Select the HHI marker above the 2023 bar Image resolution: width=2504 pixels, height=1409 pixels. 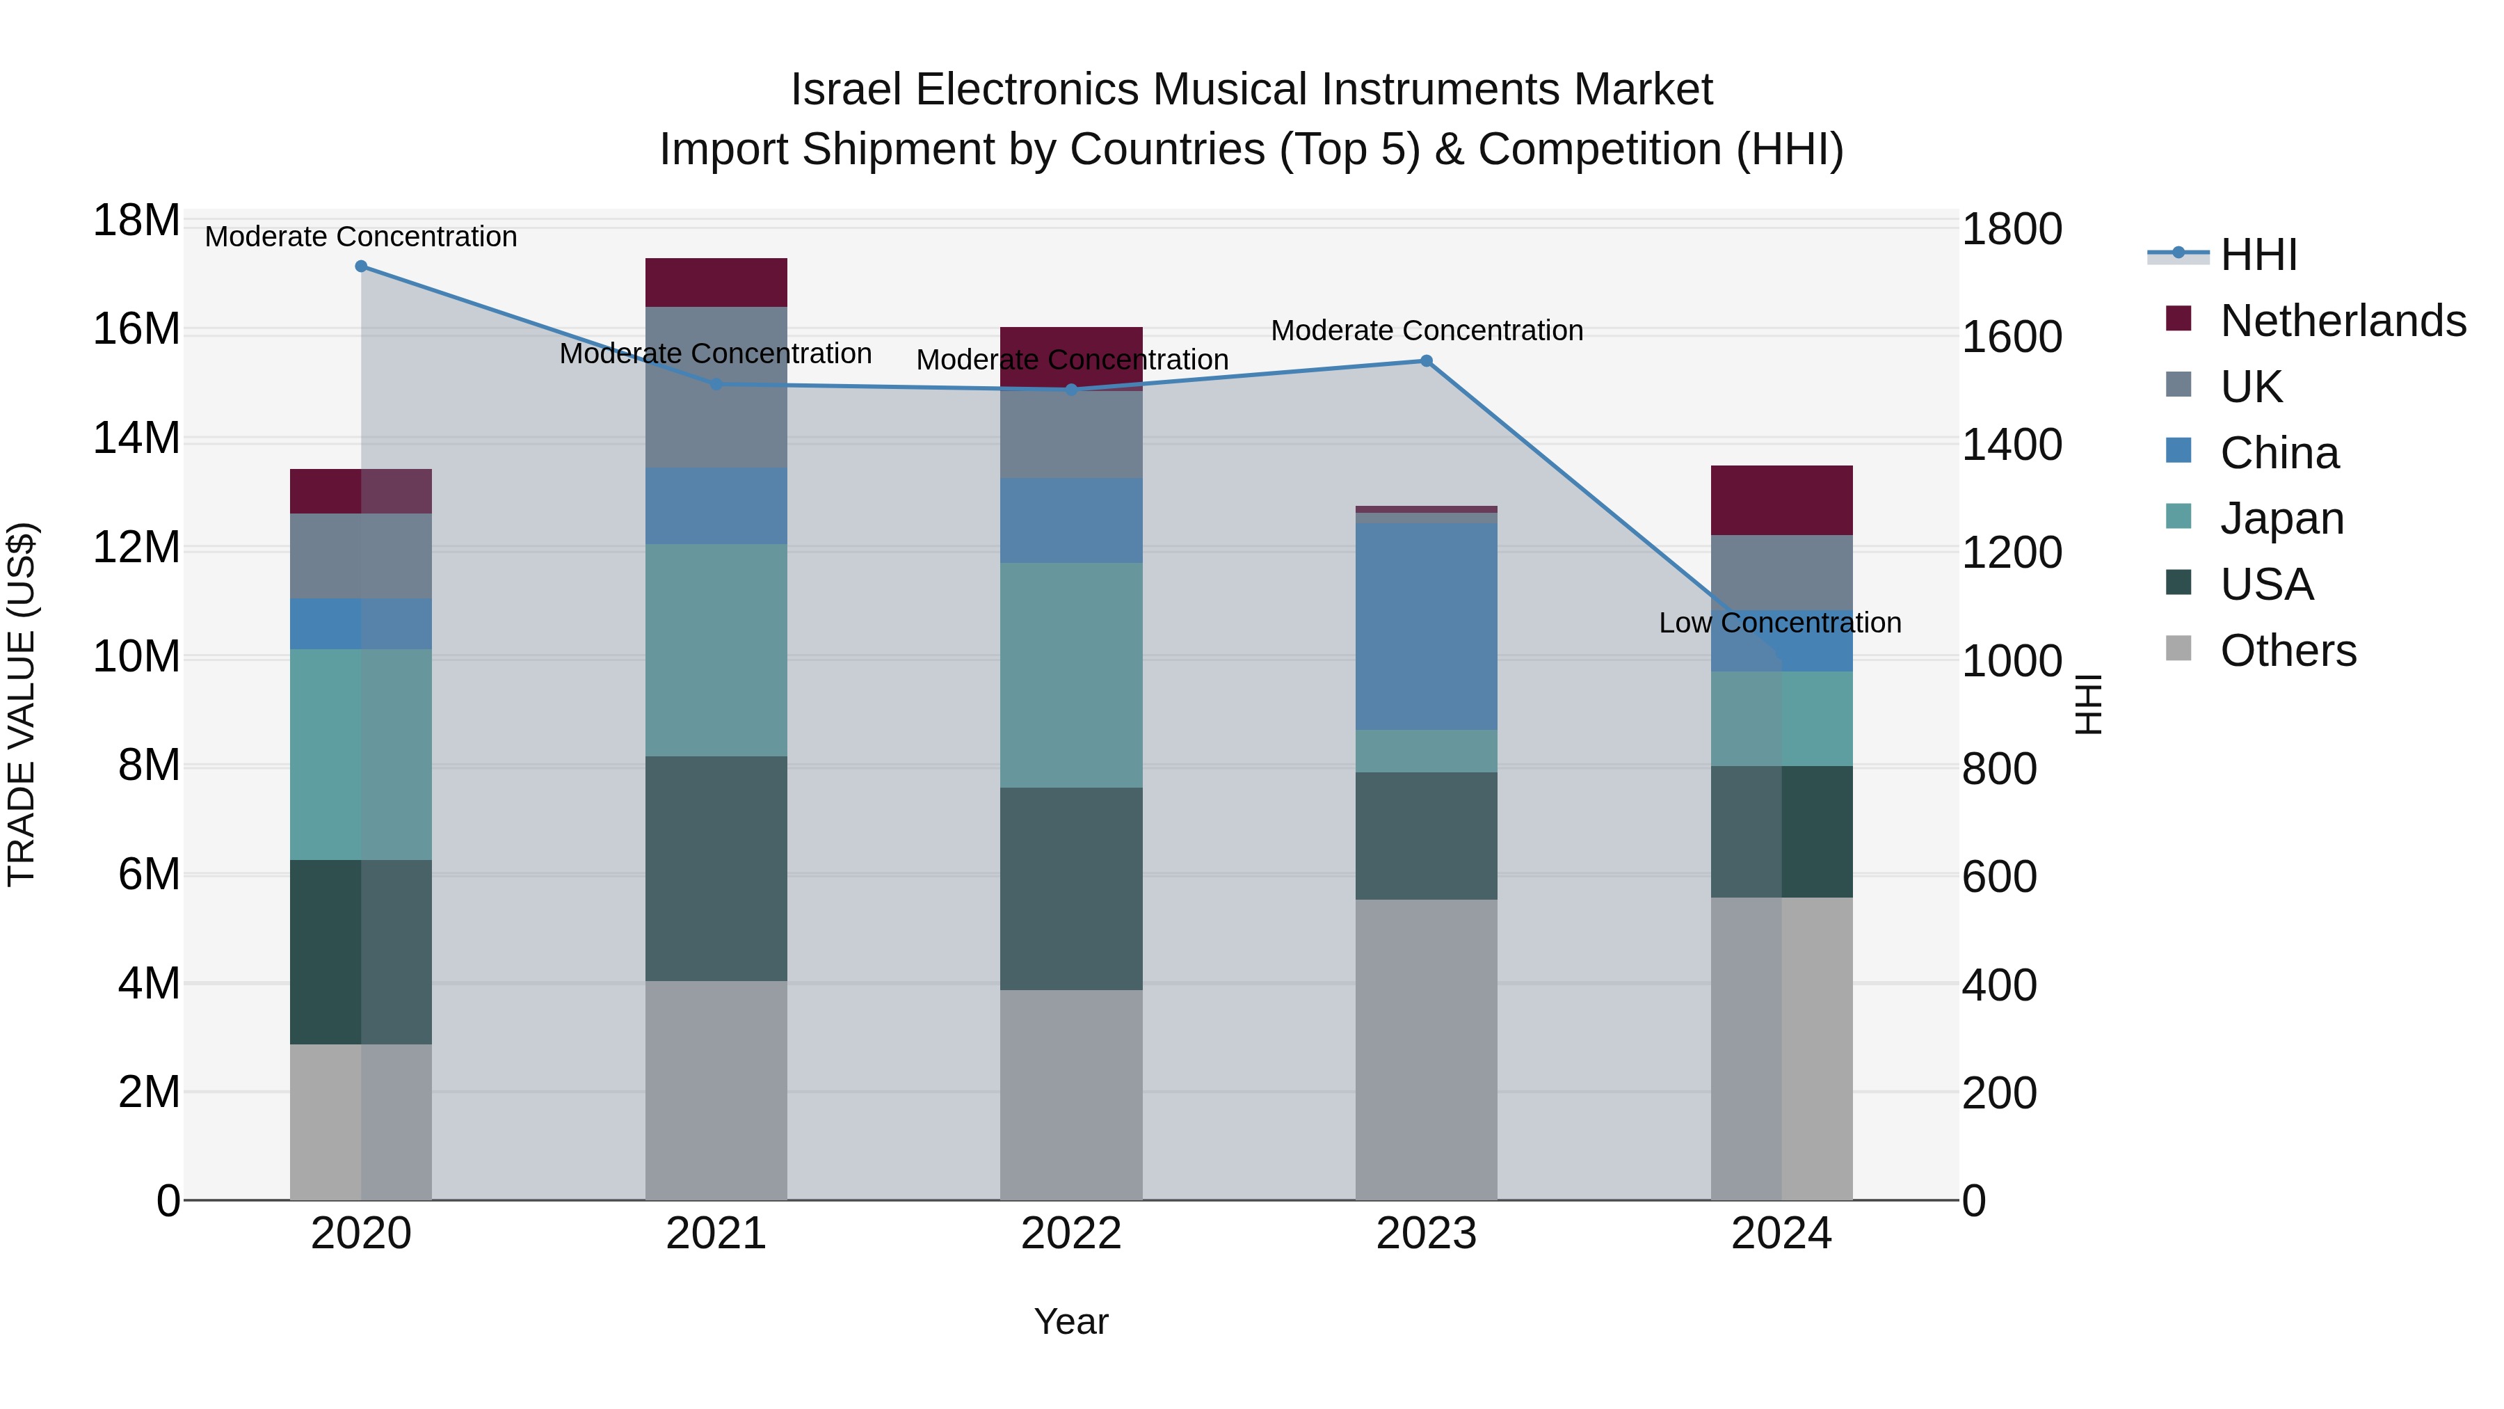(x=1426, y=360)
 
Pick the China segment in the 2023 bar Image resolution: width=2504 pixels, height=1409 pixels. (x=1426, y=626)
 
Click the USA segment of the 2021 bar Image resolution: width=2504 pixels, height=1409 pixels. (x=716, y=868)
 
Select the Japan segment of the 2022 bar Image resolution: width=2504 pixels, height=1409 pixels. (x=1071, y=675)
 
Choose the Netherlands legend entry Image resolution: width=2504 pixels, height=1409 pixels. (x=2343, y=320)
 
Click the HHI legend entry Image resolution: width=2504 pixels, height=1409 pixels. (x=2258, y=255)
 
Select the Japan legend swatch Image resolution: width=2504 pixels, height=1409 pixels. (x=2178, y=517)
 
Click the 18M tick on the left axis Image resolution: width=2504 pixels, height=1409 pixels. (x=136, y=221)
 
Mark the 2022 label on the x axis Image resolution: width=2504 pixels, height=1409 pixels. (x=1071, y=1234)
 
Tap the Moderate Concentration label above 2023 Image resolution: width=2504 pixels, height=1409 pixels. (x=1426, y=331)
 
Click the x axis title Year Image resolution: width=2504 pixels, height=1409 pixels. (x=1070, y=1321)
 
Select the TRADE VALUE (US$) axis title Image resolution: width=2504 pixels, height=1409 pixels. (x=22, y=704)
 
